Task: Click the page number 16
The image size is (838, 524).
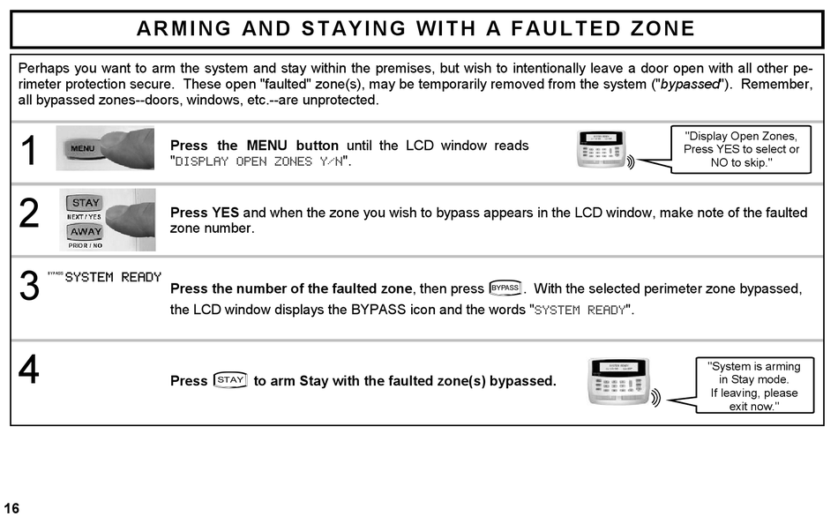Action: [x=11, y=508]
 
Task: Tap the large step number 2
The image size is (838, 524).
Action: [x=29, y=214]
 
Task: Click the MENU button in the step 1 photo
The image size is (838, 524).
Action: [x=83, y=149]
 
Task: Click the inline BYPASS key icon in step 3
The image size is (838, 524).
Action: [x=505, y=288]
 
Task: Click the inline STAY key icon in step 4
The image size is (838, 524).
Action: [x=230, y=380]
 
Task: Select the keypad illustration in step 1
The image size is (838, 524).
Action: [x=606, y=150]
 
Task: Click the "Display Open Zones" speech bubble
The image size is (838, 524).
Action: [x=741, y=149]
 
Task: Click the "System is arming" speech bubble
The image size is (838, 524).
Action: [x=754, y=386]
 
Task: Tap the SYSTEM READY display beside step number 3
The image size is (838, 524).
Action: [x=113, y=277]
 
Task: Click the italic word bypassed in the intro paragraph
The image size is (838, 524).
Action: [x=691, y=84]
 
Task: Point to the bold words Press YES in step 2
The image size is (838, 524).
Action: [x=205, y=213]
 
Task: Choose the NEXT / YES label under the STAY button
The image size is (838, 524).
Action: [x=85, y=216]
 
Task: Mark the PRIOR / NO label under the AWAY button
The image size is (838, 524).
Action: [x=85, y=245]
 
